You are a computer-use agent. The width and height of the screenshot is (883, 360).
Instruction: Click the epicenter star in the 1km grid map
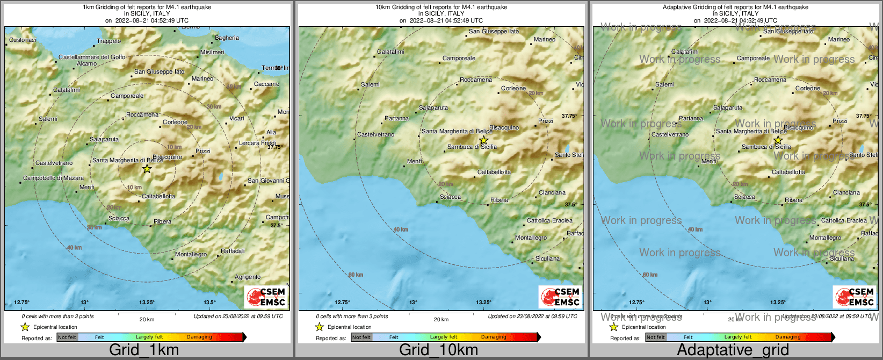(x=147, y=169)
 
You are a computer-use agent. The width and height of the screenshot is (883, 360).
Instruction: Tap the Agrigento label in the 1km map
(x=248, y=277)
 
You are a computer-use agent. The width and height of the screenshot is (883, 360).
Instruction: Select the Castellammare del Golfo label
(x=92, y=57)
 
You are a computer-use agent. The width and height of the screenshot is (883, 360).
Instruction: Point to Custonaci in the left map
(x=23, y=40)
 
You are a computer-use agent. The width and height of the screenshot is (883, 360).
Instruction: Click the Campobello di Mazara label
(x=53, y=178)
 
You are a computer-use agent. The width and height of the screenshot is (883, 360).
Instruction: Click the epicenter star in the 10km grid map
(x=483, y=140)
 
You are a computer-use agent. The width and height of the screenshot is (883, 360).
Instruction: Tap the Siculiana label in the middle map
(x=547, y=258)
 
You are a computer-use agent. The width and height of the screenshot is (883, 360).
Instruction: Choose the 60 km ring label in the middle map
(x=356, y=275)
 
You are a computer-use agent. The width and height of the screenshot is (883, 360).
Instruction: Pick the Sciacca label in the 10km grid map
(x=450, y=197)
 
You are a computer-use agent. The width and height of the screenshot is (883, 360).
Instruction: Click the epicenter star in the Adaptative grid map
(x=778, y=140)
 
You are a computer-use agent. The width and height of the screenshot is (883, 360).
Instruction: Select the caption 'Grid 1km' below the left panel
(x=144, y=350)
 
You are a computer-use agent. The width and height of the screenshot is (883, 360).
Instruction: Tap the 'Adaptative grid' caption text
(x=733, y=350)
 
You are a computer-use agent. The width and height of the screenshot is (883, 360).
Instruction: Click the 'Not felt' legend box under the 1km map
(x=67, y=337)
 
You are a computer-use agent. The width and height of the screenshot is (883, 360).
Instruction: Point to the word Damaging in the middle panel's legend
(x=494, y=337)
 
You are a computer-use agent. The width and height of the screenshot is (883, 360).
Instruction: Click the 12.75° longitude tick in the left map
(x=21, y=303)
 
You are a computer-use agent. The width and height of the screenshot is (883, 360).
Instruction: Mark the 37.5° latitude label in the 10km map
(x=570, y=205)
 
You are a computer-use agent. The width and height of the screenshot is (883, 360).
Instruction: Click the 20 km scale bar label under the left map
(x=147, y=319)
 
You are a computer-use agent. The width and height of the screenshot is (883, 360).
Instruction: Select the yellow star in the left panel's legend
(x=25, y=327)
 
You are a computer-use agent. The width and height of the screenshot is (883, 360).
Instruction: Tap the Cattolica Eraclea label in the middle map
(x=549, y=220)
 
